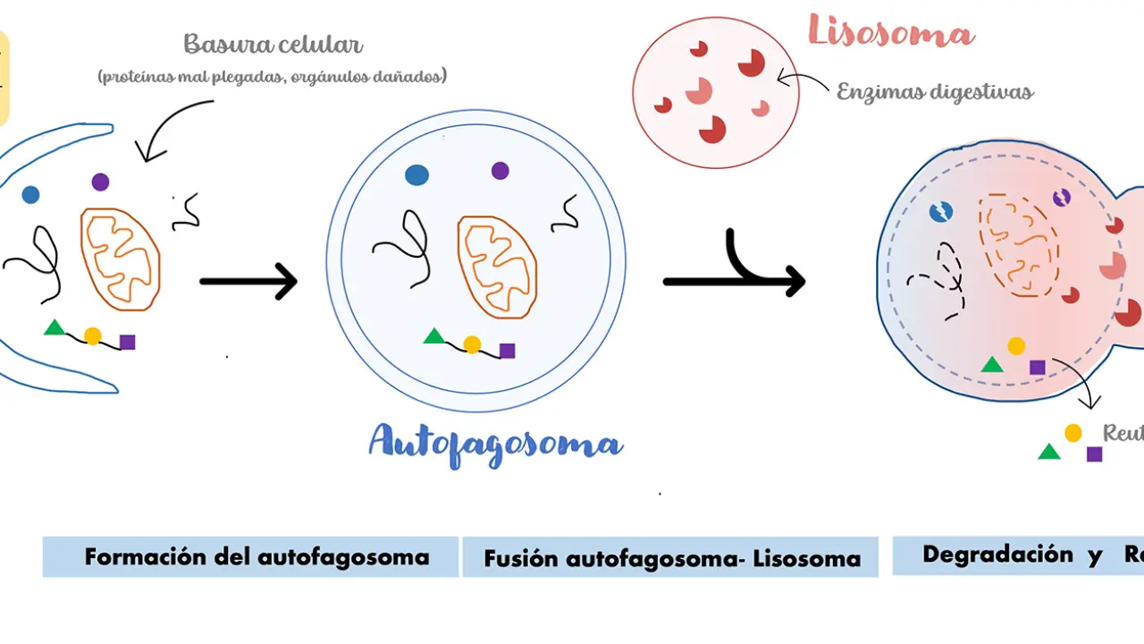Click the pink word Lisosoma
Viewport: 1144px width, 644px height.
(891, 32)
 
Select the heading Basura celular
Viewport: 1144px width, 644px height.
(273, 44)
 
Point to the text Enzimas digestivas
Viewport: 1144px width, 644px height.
(935, 91)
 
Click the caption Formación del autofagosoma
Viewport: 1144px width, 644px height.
(257, 557)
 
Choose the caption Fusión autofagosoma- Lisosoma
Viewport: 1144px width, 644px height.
(672, 559)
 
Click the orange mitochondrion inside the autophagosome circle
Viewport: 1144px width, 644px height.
(498, 266)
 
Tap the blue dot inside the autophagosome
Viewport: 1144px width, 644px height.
(416, 174)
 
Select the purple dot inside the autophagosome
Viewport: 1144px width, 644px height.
(500, 170)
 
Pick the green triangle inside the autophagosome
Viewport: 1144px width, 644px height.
(434, 337)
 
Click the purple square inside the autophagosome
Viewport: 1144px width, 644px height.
(507, 351)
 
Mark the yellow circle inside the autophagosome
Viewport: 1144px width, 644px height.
(472, 344)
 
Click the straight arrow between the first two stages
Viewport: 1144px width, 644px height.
(248, 281)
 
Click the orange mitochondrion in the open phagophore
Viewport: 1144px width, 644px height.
(121, 258)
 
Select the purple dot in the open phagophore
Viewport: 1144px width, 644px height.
(100, 182)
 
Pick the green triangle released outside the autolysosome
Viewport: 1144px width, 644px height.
(1049, 452)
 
